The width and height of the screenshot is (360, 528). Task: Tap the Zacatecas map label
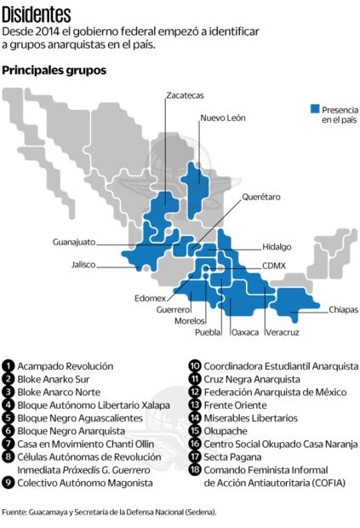click(x=186, y=95)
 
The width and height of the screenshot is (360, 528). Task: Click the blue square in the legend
click(x=314, y=108)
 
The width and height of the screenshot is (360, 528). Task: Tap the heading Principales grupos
click(x=54, y=70)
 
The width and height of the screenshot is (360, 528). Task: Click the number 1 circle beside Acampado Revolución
click(x=9, y=365)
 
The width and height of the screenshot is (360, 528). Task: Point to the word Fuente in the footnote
click(x=16, y=511)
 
